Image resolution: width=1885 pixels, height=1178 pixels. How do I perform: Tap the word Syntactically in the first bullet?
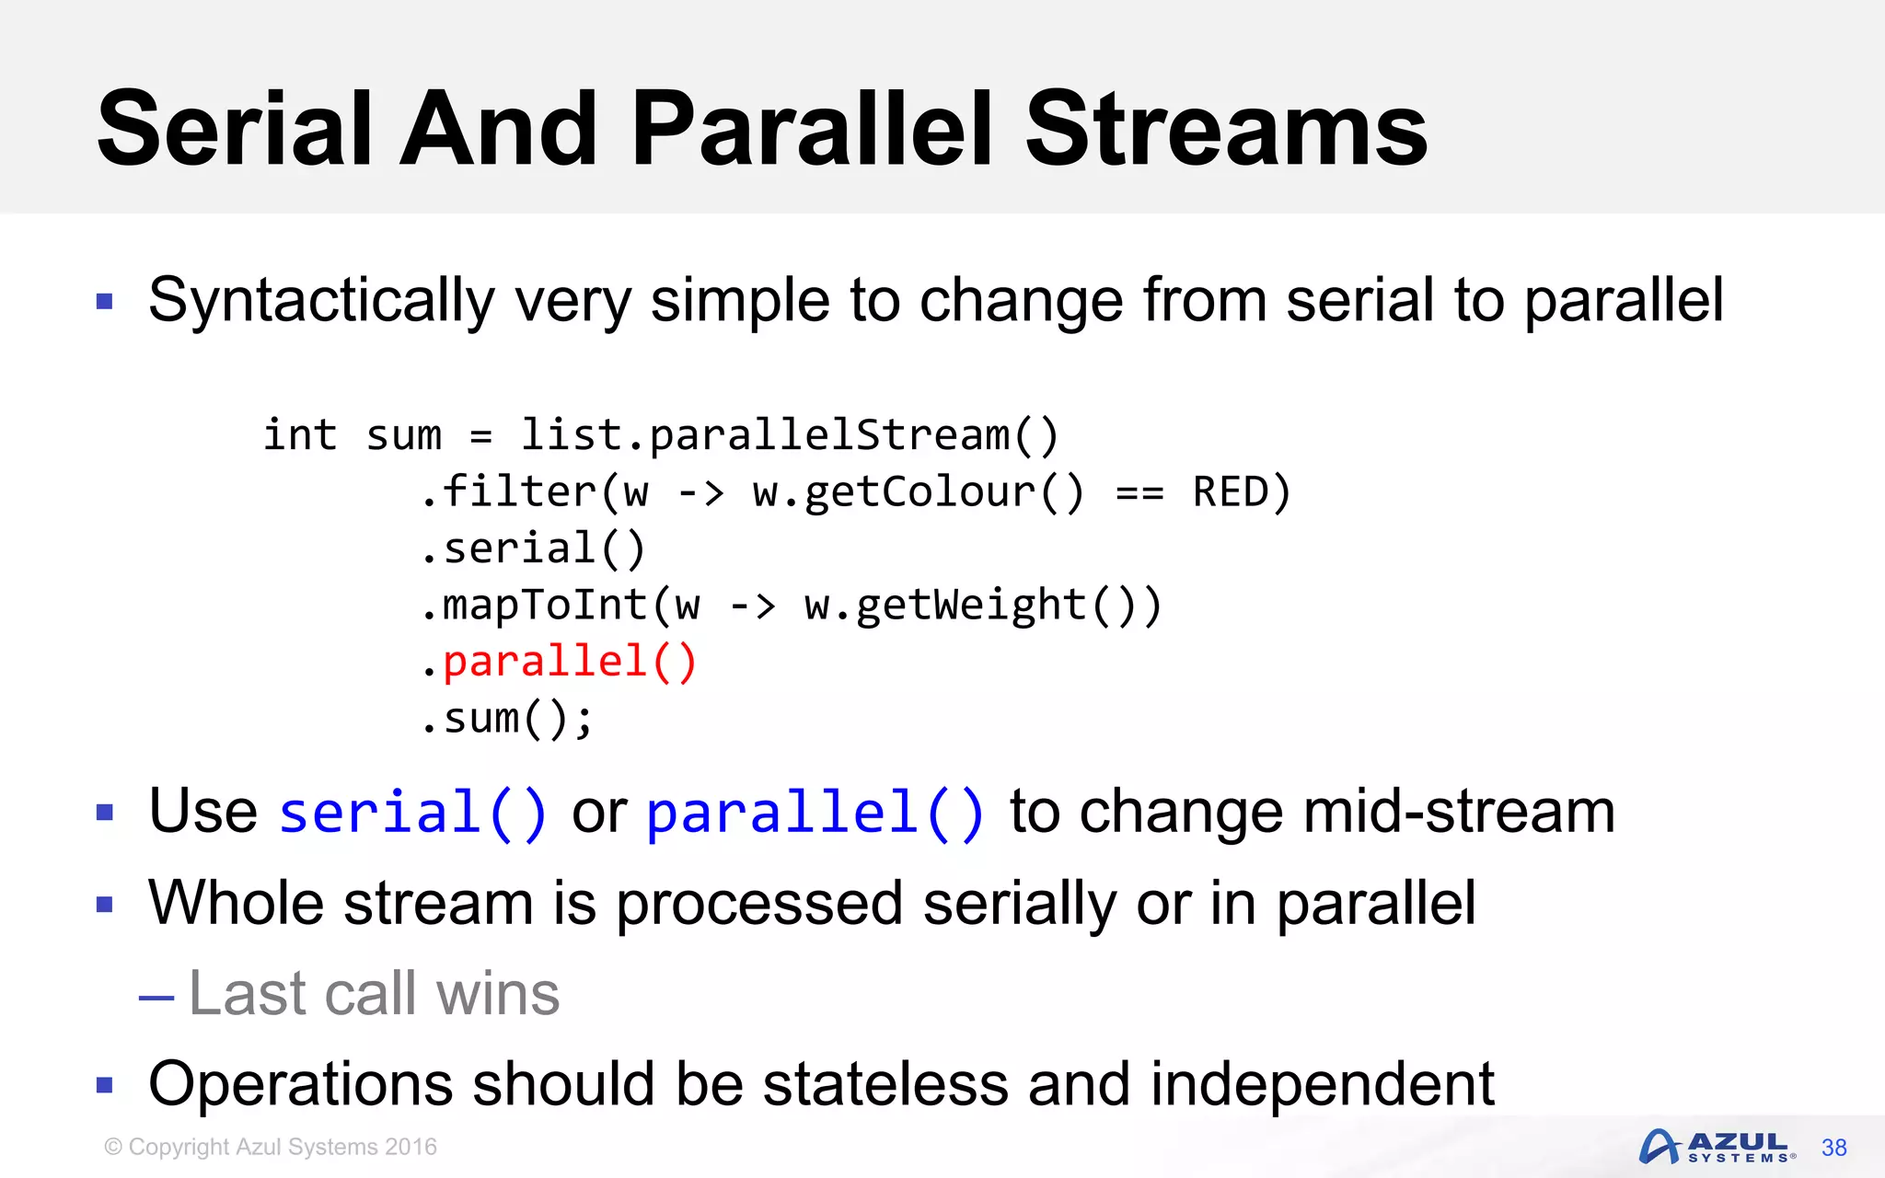[x=321, y=301]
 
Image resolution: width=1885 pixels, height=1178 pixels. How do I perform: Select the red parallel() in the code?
[x=570, y=663]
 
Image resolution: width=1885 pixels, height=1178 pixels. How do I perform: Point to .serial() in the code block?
[x=534, y=549]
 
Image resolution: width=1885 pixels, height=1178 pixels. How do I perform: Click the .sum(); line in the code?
[x=507, y=720]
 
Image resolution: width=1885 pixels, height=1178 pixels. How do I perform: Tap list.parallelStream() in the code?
[x=790, y=435]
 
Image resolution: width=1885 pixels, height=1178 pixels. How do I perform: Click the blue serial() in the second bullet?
[x=413, y=813]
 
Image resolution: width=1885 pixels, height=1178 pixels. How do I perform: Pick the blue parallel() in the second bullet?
[x=815, y=813]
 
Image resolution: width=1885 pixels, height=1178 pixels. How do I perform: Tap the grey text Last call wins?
[x=374, y=994]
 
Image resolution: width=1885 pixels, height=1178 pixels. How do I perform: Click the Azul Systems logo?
[x=1716, y=1147]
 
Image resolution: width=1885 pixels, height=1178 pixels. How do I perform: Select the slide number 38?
[x=1833, y=1148]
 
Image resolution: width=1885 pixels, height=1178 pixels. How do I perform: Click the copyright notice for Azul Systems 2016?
[x=271, y=1147]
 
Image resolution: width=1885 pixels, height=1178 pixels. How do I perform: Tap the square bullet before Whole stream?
[x=105, y=905]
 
